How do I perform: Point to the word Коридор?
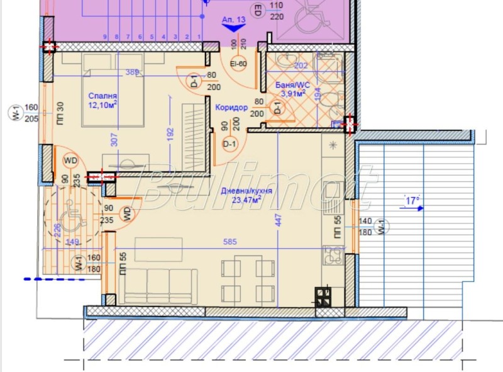pos(231,108)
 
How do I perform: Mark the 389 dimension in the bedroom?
pos(131,73)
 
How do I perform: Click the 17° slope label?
pos(412,201)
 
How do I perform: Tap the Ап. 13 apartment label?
pos(234,20)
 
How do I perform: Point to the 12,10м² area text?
pos(103,105)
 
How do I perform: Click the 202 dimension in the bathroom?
pos(302,65)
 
